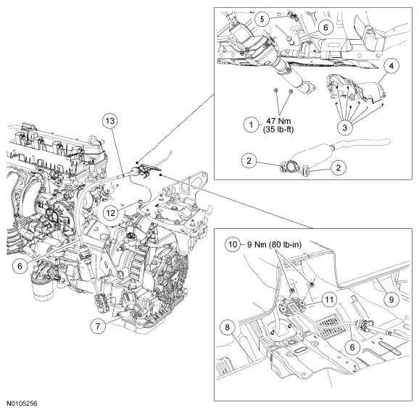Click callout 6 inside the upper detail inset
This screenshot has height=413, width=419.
point(325,27)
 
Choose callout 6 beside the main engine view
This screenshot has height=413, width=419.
point(20,266)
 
